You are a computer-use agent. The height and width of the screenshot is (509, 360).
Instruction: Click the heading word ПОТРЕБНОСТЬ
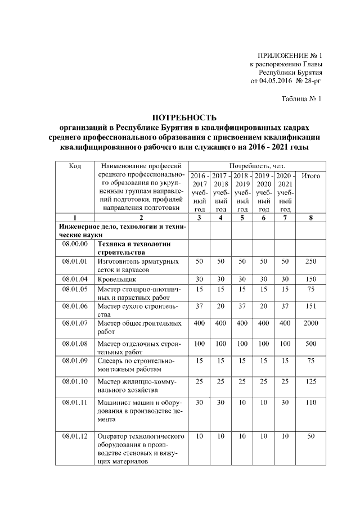point(184,118)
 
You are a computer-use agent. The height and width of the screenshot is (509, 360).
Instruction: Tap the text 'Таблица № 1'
point(301,99)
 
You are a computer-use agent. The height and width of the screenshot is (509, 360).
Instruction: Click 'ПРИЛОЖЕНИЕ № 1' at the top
point(290,56)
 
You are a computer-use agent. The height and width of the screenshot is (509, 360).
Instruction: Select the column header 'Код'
point(75,166)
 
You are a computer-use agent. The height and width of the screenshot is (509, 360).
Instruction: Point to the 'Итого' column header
point(310,176)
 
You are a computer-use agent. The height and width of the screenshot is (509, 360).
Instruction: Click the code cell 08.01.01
point(75,262)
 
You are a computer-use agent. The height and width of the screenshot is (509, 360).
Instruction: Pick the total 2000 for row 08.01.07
point(310,323)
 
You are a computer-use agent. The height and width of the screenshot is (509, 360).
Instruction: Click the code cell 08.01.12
point(75,436)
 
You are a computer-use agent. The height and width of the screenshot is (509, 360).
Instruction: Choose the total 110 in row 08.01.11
point(310,403)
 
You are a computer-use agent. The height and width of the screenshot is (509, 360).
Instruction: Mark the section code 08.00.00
point(75,245)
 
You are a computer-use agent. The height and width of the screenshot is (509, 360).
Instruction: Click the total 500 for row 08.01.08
point(310,343)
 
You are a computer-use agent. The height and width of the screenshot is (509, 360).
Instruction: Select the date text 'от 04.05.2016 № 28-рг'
point(286,80)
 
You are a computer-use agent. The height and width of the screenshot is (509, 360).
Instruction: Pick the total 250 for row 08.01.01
point(310,262)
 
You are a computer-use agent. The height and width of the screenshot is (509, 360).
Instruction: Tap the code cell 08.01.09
point(75,361)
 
